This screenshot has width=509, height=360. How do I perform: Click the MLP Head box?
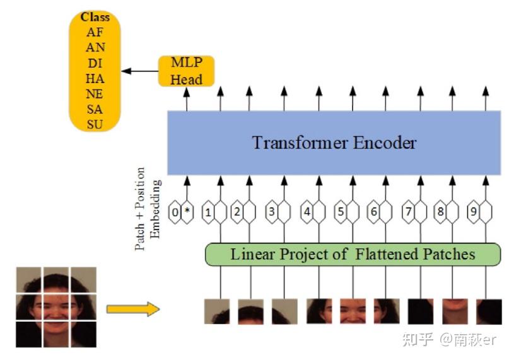point(186,71)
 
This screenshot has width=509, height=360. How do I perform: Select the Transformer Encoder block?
point(334,143)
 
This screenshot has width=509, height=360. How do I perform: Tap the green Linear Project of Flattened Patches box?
point(353,255)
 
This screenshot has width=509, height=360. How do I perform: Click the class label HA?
point(95,78)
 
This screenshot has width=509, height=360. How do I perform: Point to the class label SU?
point(95,124)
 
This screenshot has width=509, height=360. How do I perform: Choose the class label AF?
point(95,33)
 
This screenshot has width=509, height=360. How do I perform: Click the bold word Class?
point(95,18)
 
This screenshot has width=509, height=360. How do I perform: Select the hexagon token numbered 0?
point(175,212)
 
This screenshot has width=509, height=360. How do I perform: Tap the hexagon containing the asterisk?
point(187,212)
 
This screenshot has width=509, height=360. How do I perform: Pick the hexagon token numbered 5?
point(341,212)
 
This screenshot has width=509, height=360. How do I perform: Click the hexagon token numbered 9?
point(473,212)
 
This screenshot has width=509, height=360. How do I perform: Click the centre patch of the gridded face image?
point(56,307)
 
